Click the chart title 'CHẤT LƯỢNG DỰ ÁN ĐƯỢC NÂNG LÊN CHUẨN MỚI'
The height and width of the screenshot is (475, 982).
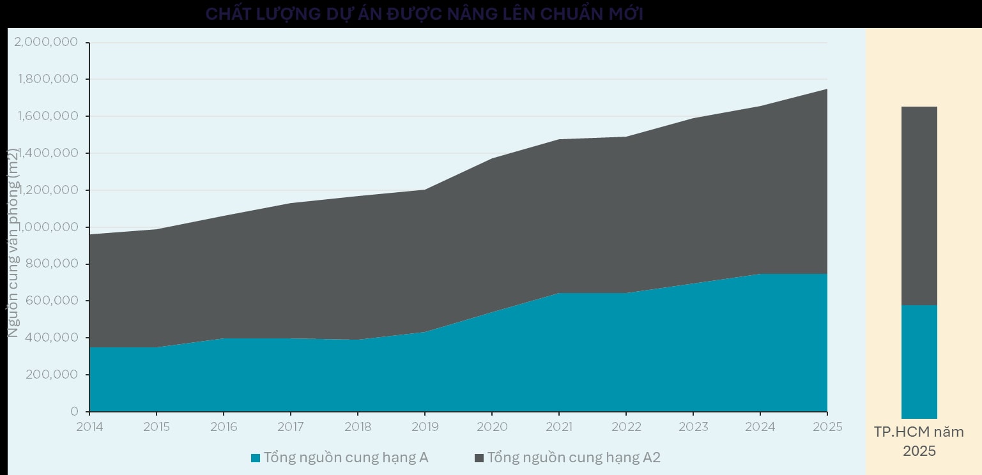(424, 14)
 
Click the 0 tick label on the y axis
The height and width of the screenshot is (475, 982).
(74, 412)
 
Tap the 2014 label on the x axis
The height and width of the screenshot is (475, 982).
(89, 426)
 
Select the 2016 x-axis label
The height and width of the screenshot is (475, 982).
(224, 426)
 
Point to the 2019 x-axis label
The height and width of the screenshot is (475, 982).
(425, 426)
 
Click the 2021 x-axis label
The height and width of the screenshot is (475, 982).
(559, 426)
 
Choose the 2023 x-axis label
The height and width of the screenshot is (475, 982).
(693, 426)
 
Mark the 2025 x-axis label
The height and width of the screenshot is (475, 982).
(827, 426)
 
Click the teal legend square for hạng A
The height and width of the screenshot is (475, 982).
(256, 458)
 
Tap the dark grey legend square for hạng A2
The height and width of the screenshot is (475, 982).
(479, 458)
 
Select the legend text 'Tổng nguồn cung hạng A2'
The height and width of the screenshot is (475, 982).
(574, 458)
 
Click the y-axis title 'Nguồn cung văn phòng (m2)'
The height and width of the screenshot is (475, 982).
(13, 243)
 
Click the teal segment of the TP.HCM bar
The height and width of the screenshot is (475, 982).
(919, 361)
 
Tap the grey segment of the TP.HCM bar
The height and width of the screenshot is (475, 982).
(919, 206)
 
